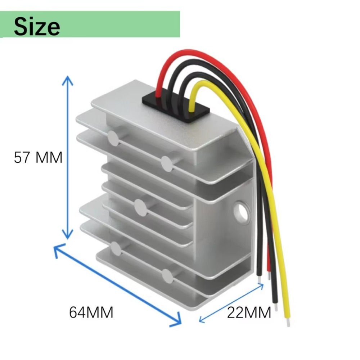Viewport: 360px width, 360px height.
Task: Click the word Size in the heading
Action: (x=37, y=26)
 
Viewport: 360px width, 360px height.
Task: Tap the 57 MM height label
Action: (x=38, y=158)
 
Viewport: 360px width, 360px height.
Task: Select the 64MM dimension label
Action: (x=91, y=312)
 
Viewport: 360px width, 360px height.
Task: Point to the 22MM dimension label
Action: (x=249, y=312)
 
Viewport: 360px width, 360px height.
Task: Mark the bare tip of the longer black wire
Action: (x=276, y=307)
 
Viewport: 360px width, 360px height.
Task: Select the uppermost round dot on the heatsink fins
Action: (x=113, y=138)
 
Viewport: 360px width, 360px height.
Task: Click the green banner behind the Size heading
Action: (x=119, y=24)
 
